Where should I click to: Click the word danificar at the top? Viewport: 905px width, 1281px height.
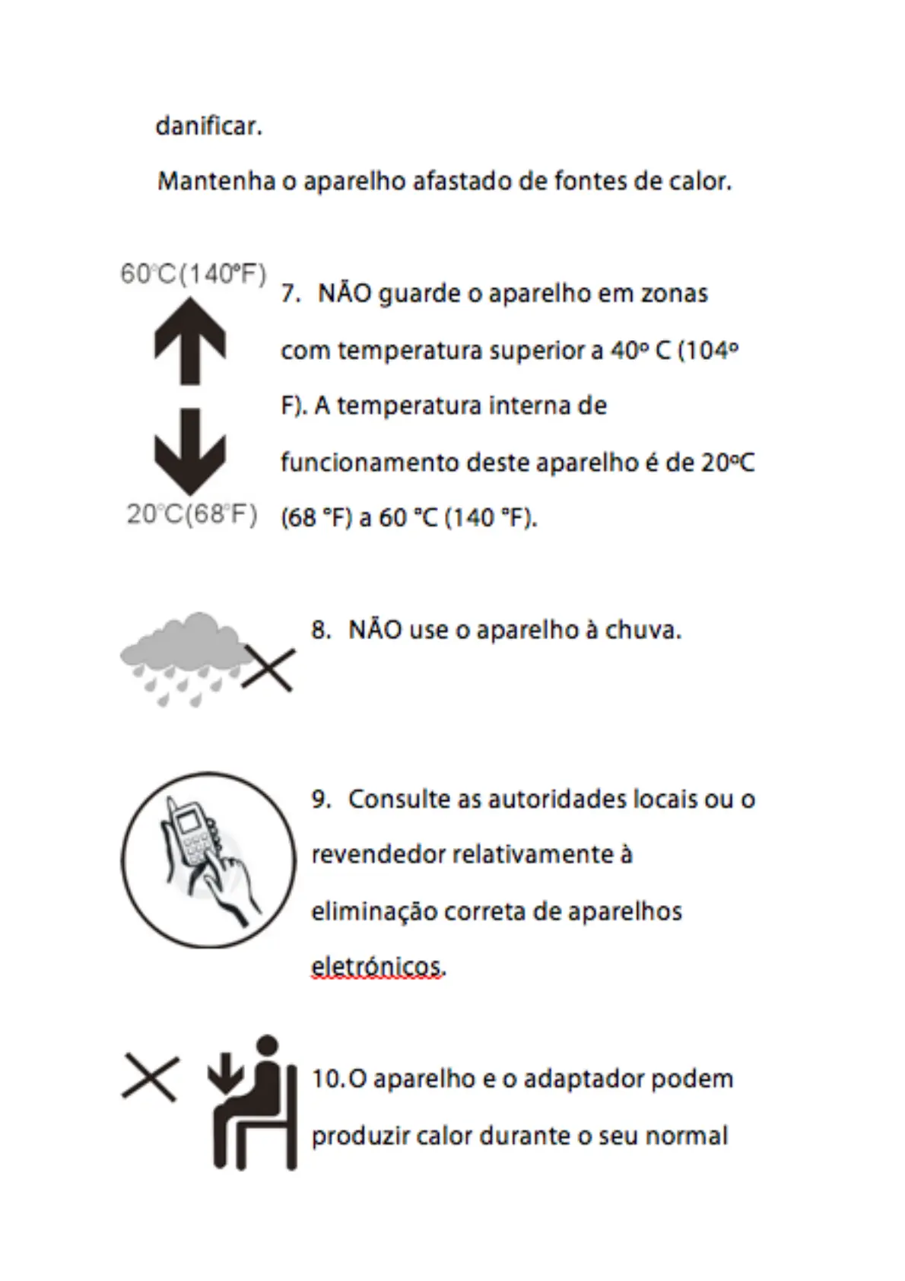(208, 126)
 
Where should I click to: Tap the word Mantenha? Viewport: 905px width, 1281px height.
(216, 182)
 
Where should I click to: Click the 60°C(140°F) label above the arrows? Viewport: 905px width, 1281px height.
(193, 274)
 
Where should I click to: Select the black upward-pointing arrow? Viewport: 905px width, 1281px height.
(190, 339)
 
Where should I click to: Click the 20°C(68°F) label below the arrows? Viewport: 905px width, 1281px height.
(192, 515)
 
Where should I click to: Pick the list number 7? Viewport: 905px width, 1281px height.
(290, 294)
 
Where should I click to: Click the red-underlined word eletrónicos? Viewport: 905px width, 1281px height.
(377, 967)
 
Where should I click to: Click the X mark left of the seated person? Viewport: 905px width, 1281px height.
(151, 1078)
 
